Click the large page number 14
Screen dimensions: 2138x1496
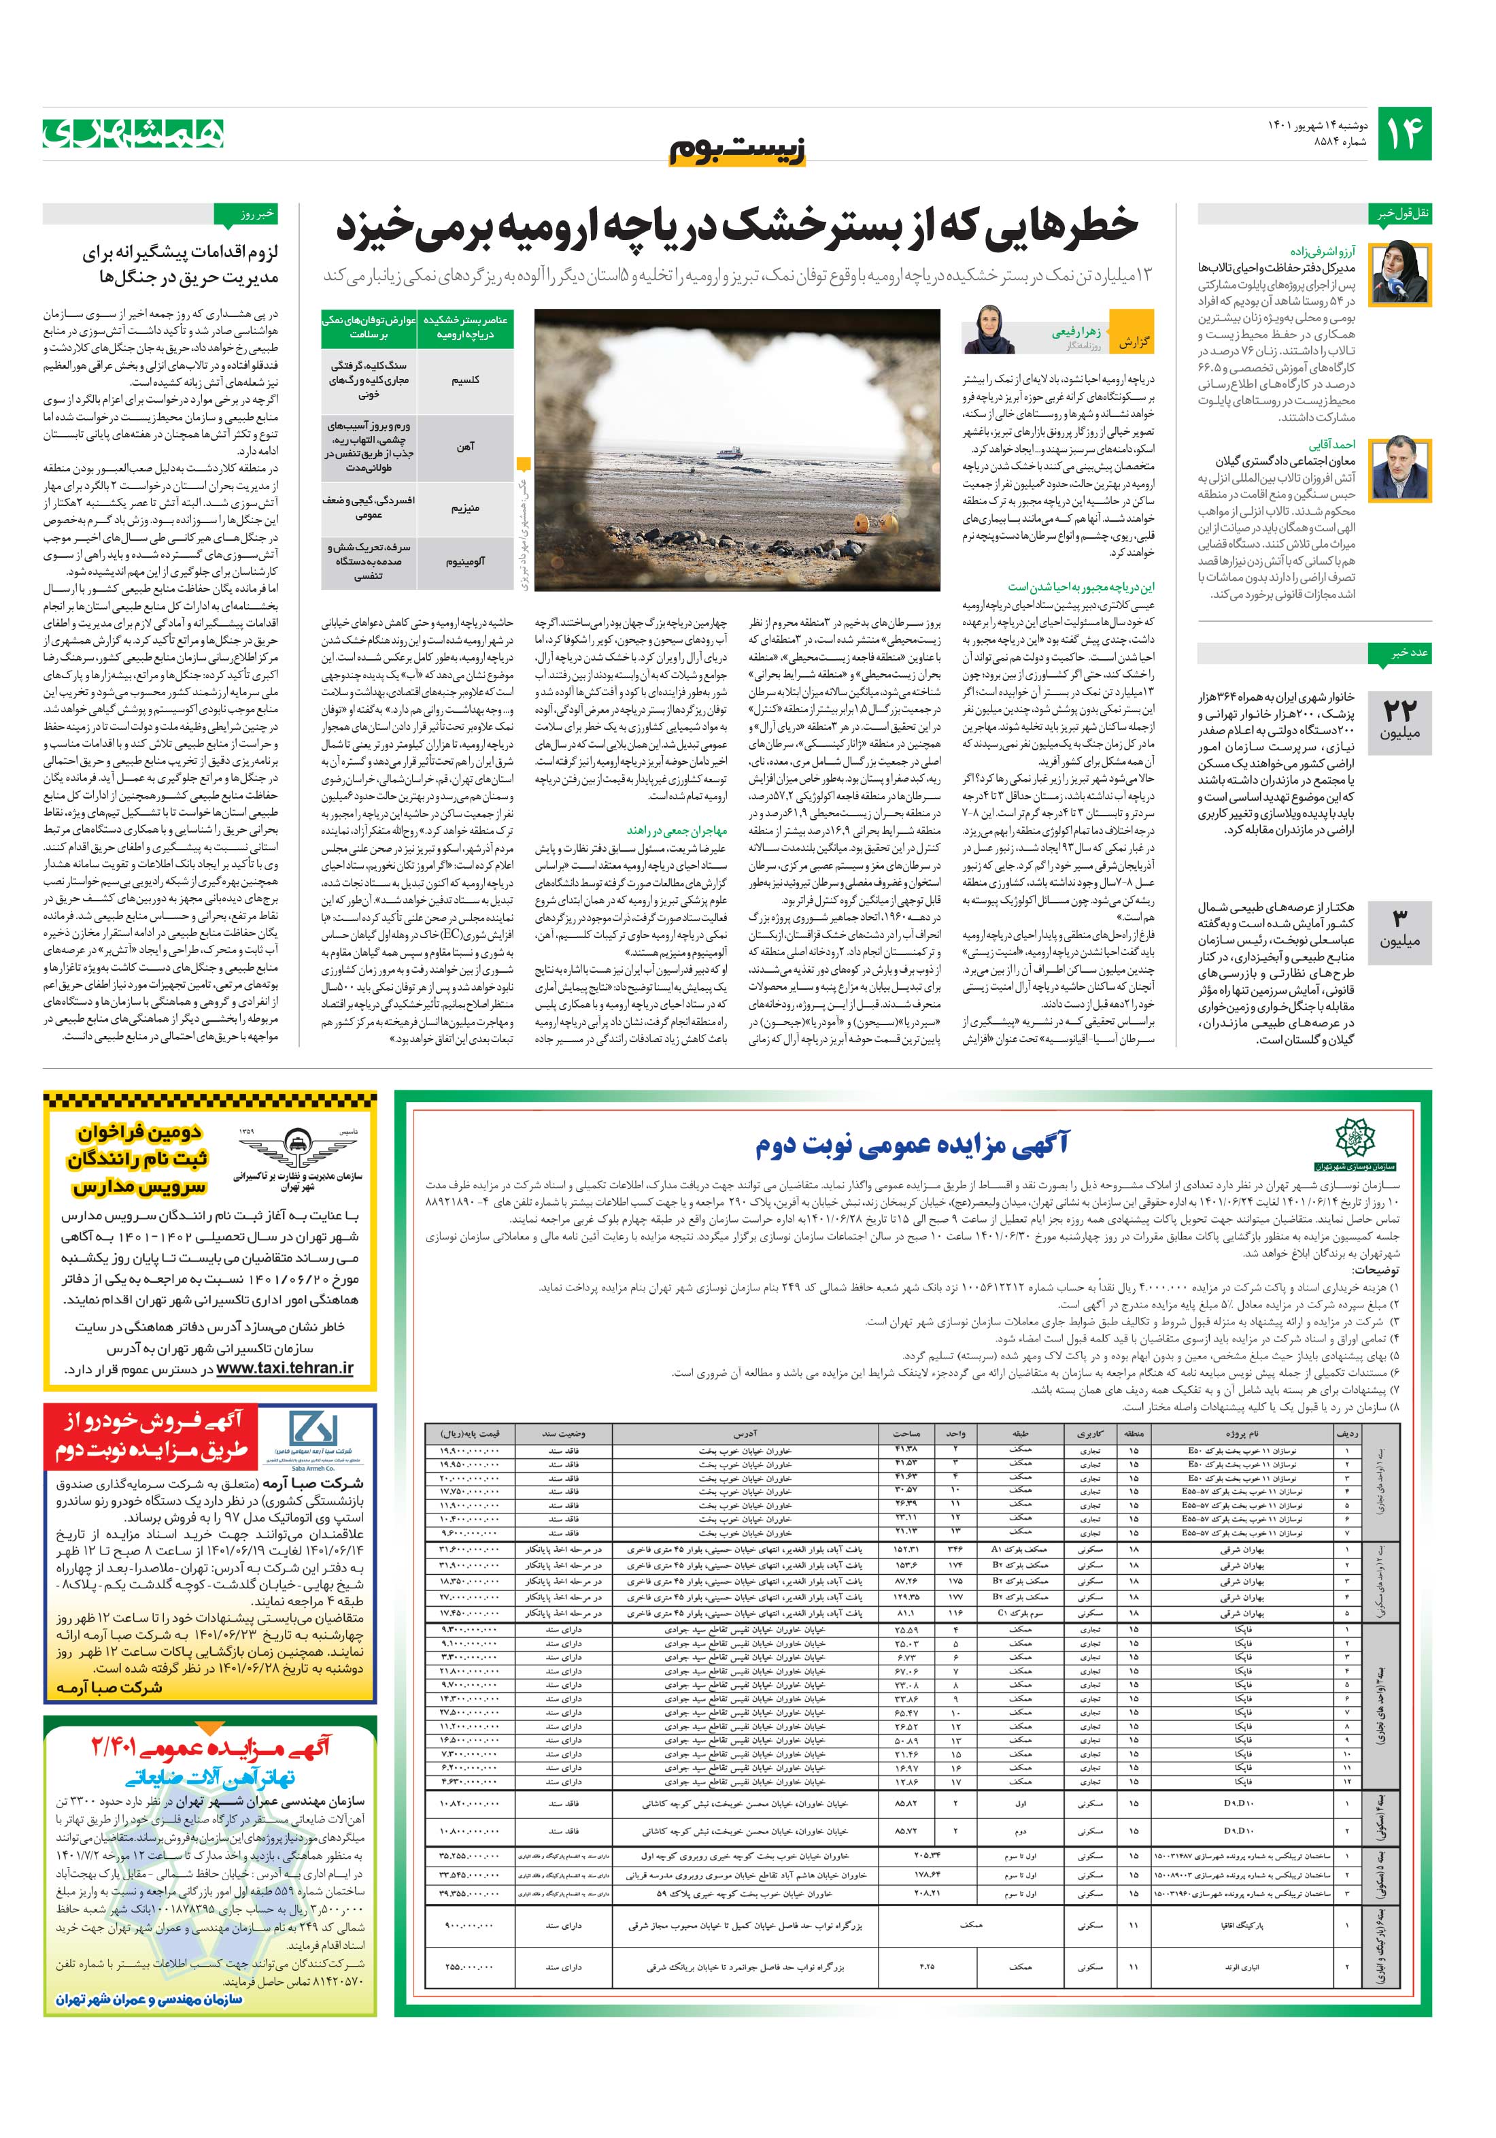tap(1403, 134)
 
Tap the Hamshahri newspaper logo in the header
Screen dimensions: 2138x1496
tap(133, 133)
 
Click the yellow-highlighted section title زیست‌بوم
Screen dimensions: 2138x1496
tap(738, 152)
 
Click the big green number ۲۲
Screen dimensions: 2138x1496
tap(1399, 709)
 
